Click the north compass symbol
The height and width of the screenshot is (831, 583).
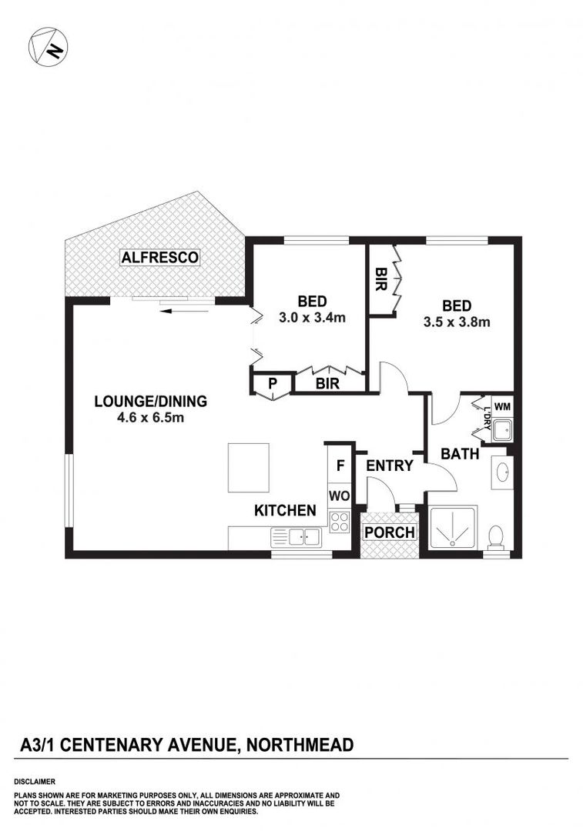coord(48,47)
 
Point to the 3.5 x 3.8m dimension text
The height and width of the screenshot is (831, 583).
coord(457,322)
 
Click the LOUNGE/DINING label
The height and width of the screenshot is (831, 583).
coord(150,401)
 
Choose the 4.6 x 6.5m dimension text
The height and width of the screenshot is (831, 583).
coord(150,418)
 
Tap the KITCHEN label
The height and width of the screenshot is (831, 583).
coord(285,510)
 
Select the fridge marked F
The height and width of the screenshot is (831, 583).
coord(339,466)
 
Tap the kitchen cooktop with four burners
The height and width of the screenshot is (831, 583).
coord(339,522)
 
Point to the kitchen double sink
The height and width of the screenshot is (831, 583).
coord(296,537)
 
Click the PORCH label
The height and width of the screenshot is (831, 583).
coord(389,532)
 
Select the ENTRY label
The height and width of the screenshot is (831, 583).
coord(389,466)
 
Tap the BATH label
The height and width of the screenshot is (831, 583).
coord(460,455)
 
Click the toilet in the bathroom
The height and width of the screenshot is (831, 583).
coord(497,536)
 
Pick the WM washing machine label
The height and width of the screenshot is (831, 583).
coord(501,405)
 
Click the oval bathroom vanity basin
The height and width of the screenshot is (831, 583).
coord(502,470)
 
